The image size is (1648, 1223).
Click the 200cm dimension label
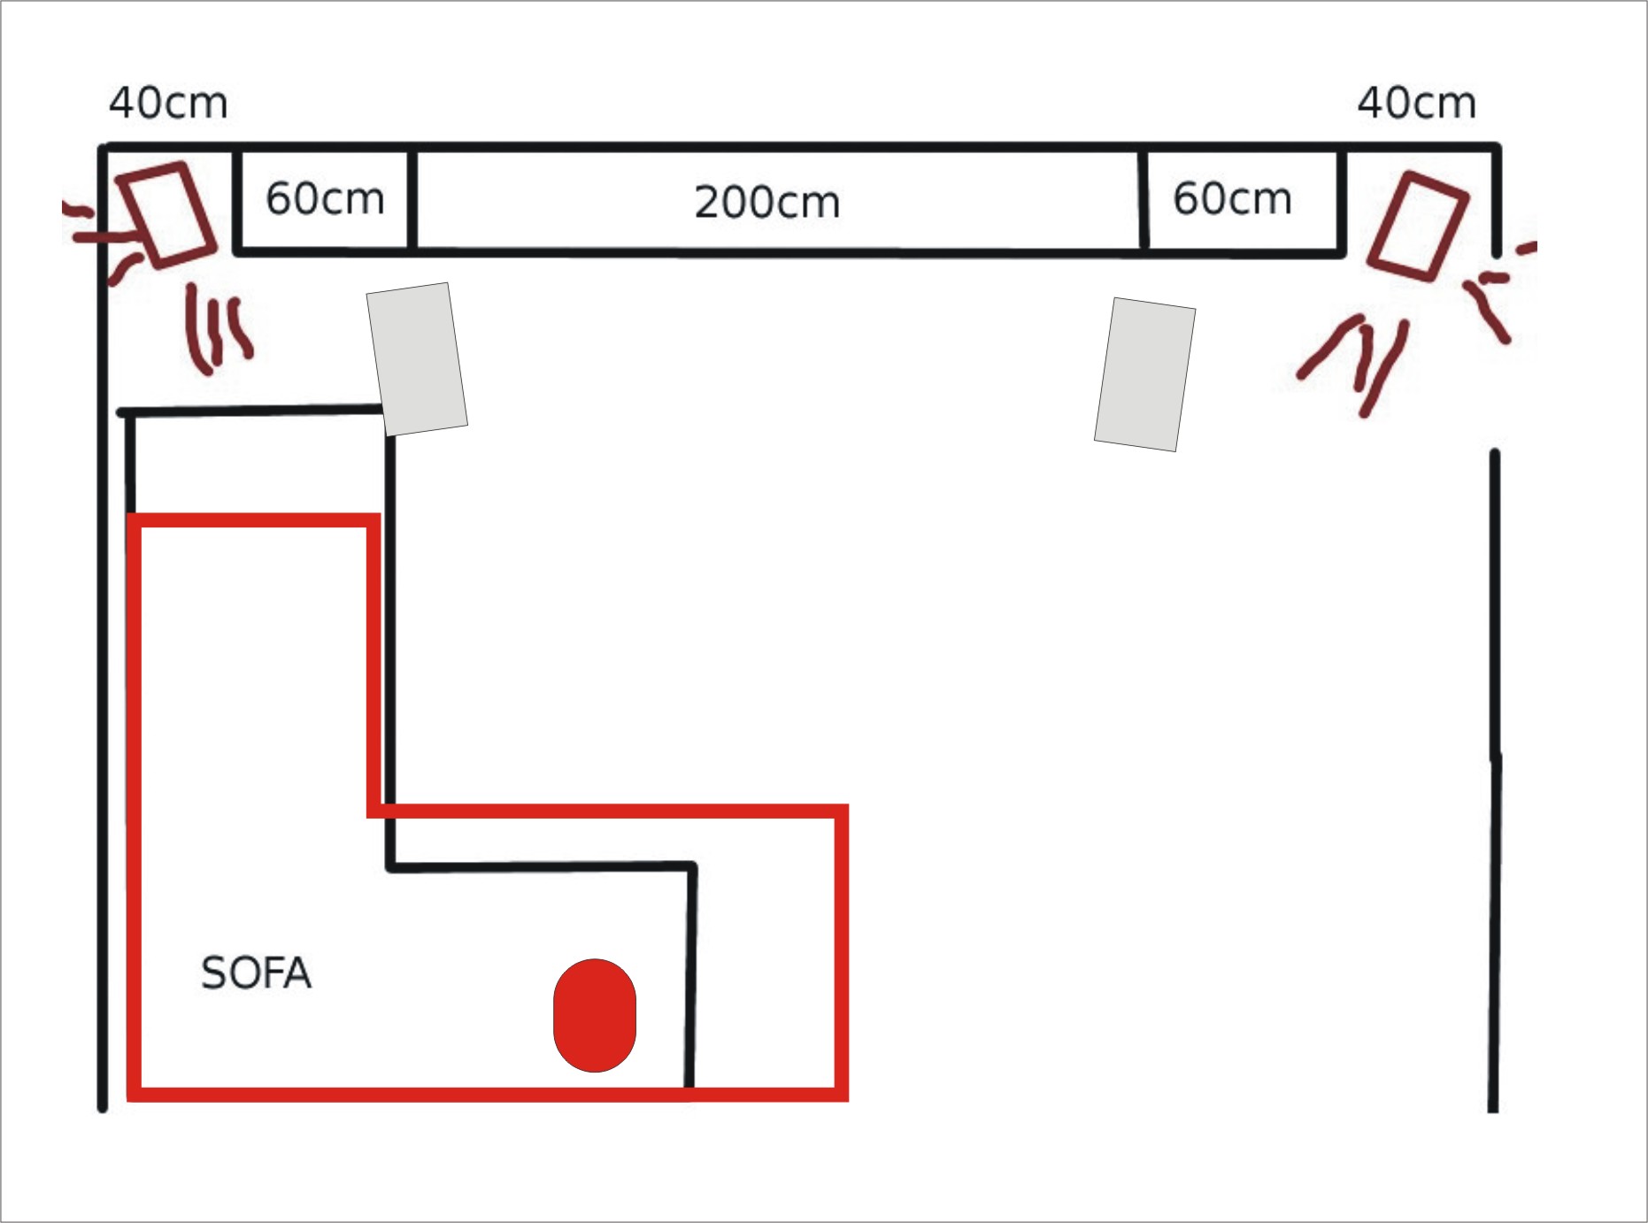[766, 202]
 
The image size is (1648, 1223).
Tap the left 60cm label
[325, 198]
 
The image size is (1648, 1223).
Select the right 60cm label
[1232, 198]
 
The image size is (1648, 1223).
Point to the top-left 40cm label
[168, 103]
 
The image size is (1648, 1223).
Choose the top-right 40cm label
[1416, 103]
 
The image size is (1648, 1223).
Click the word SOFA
[256, 973]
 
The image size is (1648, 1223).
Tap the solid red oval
[595, 1015]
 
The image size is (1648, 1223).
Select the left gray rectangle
[417, 359]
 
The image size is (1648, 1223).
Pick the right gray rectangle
[1145, 374]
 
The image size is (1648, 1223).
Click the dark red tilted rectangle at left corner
[166, 215]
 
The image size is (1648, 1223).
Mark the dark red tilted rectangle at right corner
[1418, 227]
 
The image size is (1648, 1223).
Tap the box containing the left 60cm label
[325, 202]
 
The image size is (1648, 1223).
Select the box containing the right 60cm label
[1243, 202]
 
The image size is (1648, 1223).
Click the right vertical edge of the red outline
[842, 953]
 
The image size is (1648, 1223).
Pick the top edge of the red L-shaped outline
[254, 520]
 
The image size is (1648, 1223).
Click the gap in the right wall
[1495, 353]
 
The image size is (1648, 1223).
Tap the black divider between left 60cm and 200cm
[412, 202]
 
